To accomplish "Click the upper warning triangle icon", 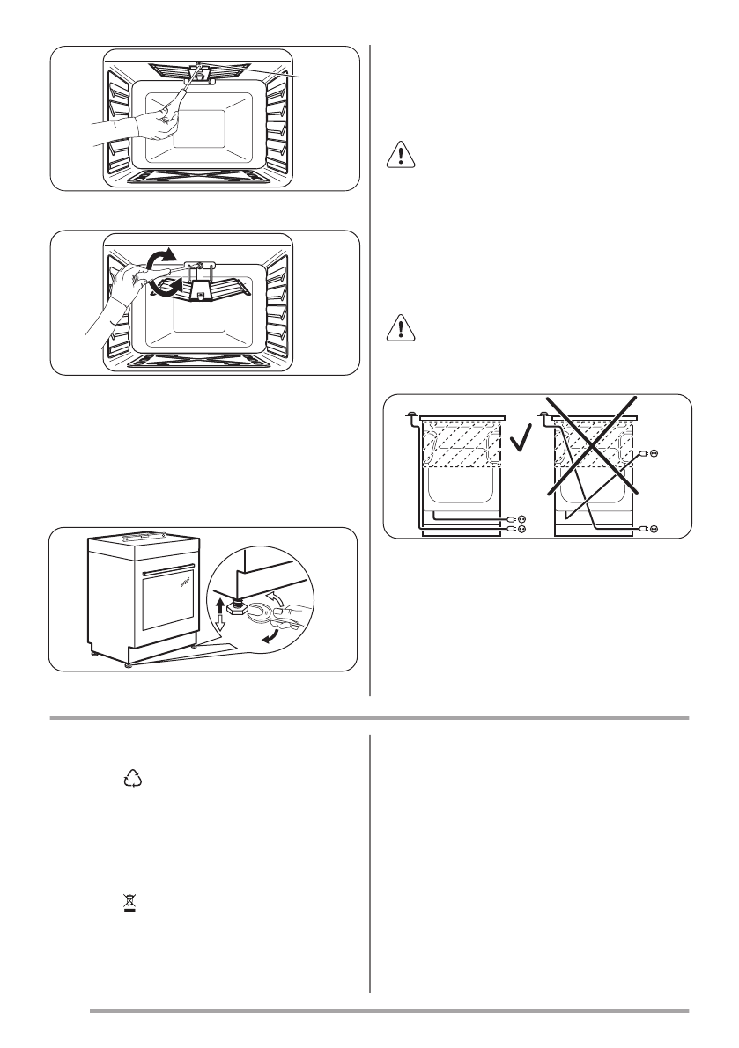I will (400, 157).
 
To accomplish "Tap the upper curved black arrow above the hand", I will (158, 261).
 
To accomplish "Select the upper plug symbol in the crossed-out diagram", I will (653, 454).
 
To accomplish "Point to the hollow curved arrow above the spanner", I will (278, 600).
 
